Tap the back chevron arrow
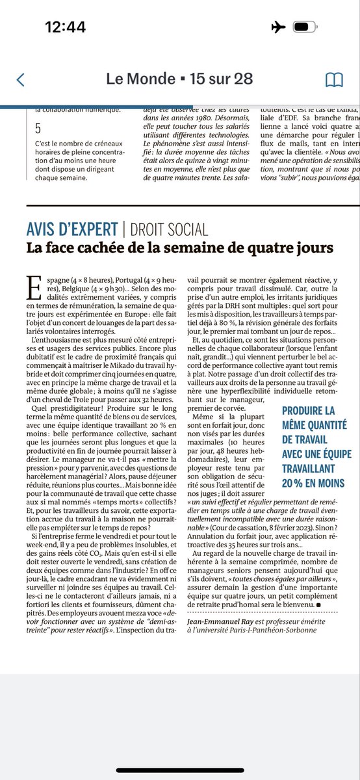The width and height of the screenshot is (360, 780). (20, 79)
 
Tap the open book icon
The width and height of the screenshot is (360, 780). (334, 79)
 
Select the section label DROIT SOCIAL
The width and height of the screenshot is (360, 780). (168, 229)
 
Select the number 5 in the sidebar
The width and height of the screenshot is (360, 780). (38, 129)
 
